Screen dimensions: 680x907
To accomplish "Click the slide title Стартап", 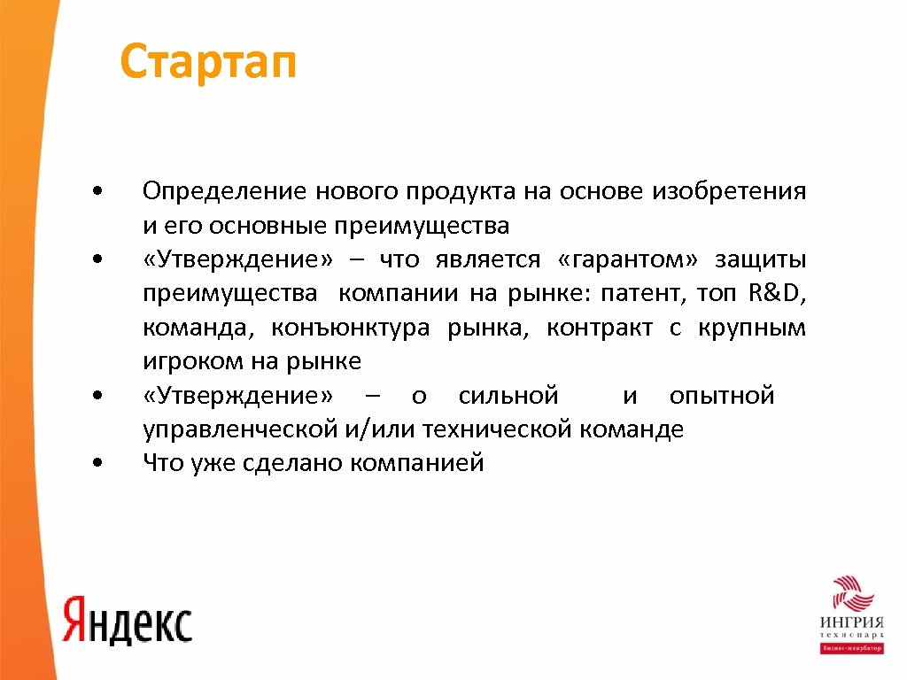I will pos(207,63).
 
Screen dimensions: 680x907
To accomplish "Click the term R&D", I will pos(777,293).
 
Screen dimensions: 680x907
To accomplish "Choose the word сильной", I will pos(508,395).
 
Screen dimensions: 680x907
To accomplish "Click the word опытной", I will pos(722,395).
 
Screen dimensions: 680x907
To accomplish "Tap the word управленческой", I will pos(237,429).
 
